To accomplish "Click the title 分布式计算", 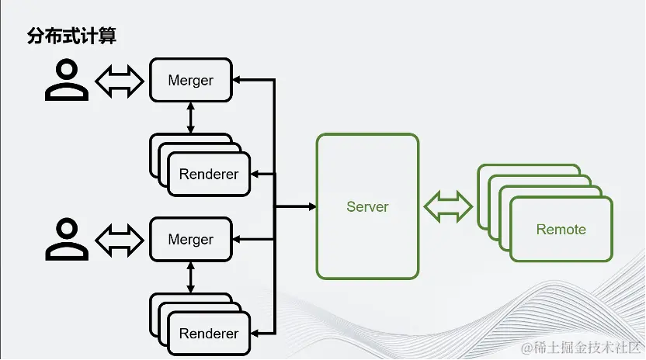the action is tap(71, 36).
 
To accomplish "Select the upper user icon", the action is tap(67, 79).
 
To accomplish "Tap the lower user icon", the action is tap(67, 239).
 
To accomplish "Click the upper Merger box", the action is tap(191, 80).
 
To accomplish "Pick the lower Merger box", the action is tap(191, 239).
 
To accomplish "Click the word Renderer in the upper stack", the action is tap(208, 175).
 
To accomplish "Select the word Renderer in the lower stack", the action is tap(208, 333).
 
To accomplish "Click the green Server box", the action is tap(367, 206).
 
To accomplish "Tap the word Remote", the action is tap(561, 229).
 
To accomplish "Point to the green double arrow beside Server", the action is tap(448, 207).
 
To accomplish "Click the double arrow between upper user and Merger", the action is tap(120, 81).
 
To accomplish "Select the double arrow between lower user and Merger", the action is tap(120, 241).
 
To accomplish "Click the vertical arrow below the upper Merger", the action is tap(190, 118).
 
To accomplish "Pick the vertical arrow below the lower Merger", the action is tap(190, 277).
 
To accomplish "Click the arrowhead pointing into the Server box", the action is tap(313, 206).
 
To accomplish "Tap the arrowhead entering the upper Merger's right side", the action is tap(237, 80).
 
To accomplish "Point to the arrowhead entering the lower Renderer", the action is tap(255, 333).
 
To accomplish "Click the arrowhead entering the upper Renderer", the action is tap(255, 175).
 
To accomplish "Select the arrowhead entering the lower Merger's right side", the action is tap(237, 239).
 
